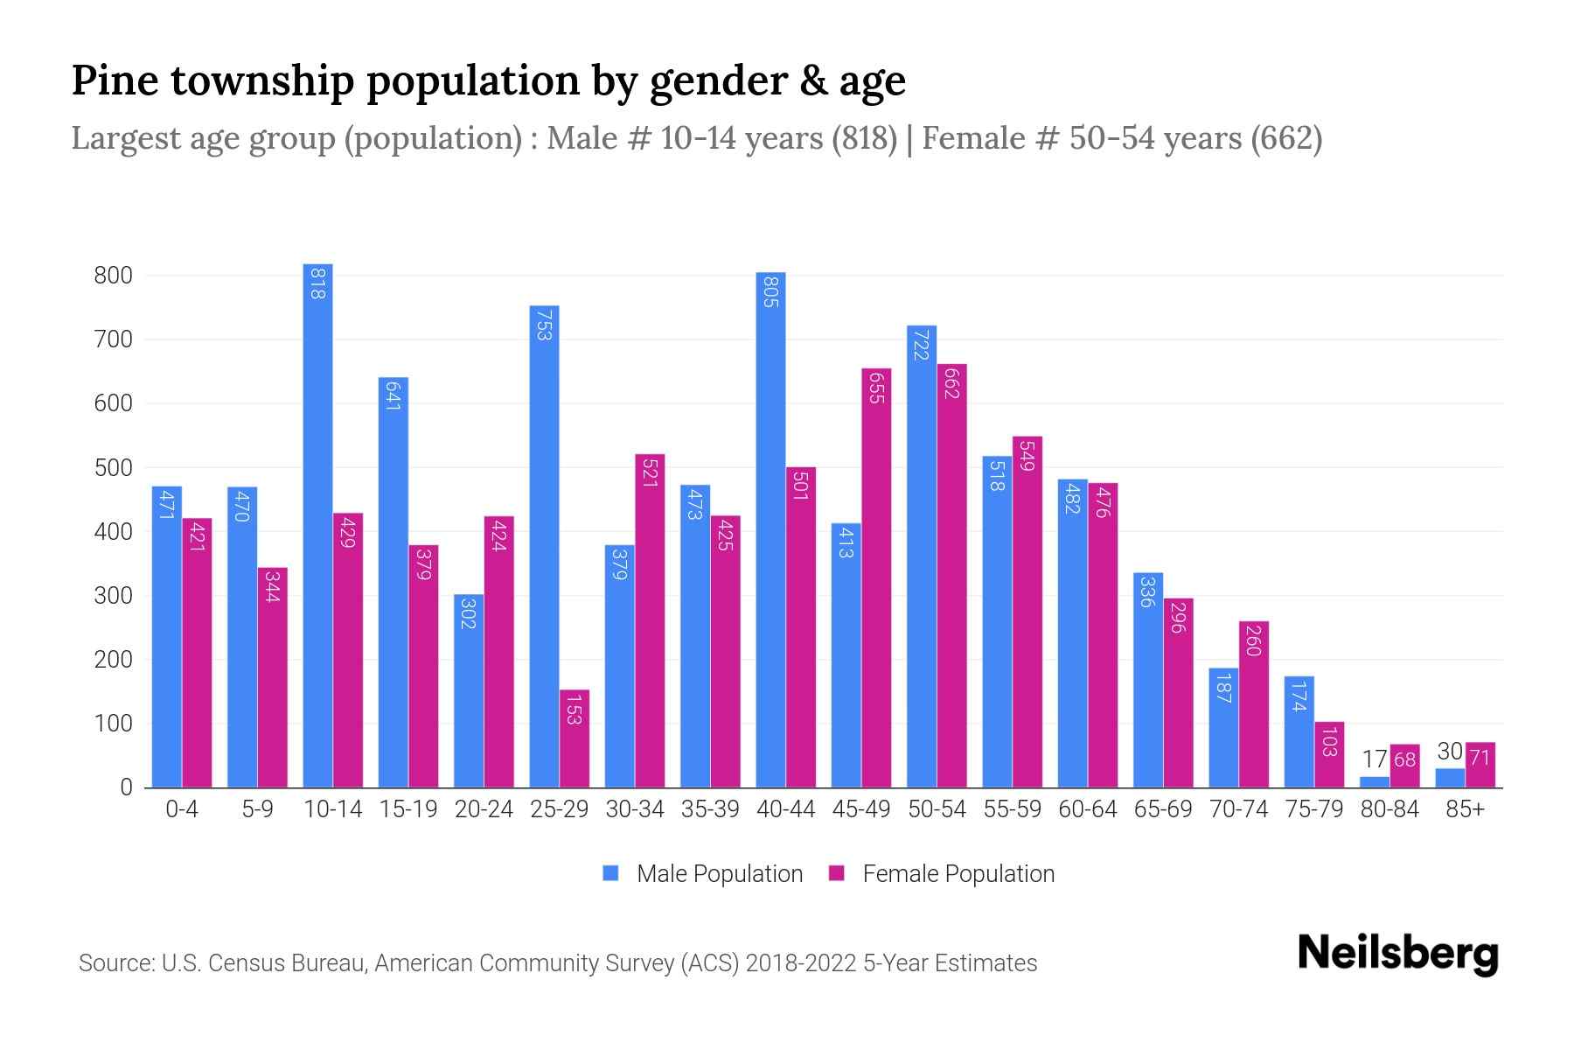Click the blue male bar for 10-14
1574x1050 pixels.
coord(317,525)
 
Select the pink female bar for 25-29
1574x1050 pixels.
coord(575,739)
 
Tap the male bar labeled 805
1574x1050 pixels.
coord(770,529)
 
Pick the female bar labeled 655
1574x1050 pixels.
coord(876,577)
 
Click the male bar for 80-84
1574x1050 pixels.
coord(1375,782)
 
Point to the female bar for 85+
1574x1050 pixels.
coord(1480,766)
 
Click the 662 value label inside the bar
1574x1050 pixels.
coord(952,384)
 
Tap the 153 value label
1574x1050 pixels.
coord(575,710)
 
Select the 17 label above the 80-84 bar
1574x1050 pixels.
coord(1375,759)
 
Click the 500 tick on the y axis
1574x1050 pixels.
coord(114,468)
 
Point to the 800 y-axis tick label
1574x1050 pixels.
coord(114,276)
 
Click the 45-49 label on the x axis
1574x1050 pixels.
coord(861,809)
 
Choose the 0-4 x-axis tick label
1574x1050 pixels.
coord(182,809)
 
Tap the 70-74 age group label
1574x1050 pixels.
coord(1238,809)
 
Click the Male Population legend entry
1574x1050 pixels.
coord(719,874)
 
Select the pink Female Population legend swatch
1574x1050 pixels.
coord(837,874)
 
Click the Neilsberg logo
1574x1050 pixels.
coord(1397,954)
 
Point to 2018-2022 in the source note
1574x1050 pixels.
coord(801,963)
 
